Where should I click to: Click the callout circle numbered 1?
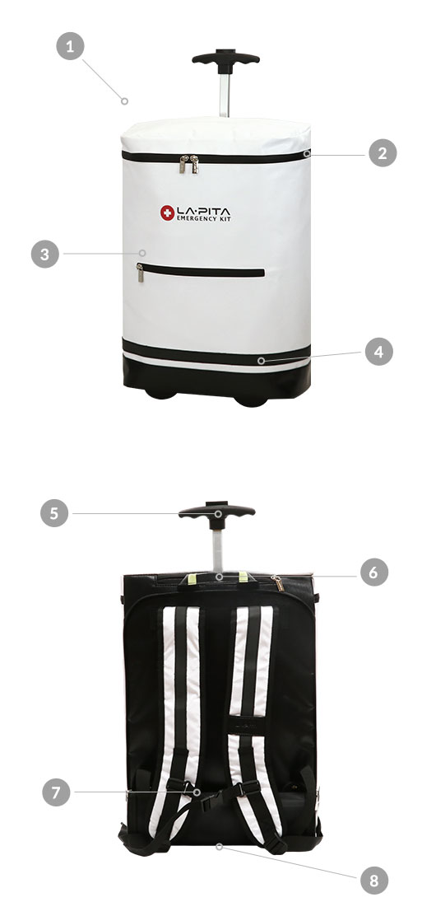[x=70, y=46]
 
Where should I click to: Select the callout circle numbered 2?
[x=383, y=154]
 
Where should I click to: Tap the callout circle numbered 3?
[x=45, y=254]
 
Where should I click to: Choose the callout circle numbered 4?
[x=378, y=353]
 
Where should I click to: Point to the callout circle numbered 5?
[x=54, y=513]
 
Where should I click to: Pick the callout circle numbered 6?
[x=374, y=572]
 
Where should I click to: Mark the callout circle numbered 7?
[x=56, y=792]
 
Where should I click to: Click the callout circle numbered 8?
[x=374, y=880]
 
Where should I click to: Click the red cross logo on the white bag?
[x=168, y=213]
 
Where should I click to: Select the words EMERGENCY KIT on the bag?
[x=204, y=218]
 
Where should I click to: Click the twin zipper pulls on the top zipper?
[x=188, y=164]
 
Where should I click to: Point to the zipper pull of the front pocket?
[x=140, y=273]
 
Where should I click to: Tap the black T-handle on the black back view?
[x=217, y=512]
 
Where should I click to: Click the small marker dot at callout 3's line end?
[x=141, y=253]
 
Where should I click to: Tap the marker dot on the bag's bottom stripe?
[x=261, y=361]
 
